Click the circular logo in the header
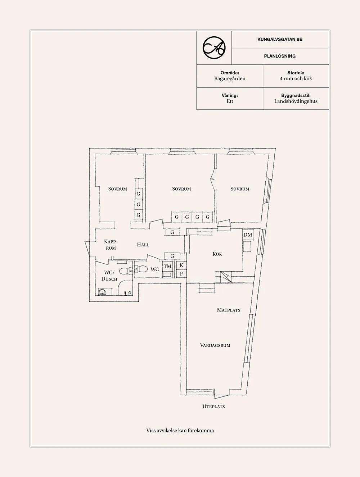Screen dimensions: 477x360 (x=214, y=47)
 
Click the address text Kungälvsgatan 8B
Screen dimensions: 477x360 (x=280, y=40)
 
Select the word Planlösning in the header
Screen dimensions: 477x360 (x=280, y=56)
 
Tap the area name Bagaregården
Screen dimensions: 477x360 (x=230, y=79)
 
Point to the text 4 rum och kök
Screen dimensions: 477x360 (x=296, y=79)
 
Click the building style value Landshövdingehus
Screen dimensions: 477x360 (x=296, y=101)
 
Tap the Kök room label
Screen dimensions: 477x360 (x=217, y=254)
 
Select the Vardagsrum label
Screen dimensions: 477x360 (x=215, y=345)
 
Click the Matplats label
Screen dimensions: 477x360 (x=228, y=310)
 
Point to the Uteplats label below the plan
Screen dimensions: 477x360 (x=213, y=406)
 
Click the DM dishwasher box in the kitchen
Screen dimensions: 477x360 (x=248, y=235)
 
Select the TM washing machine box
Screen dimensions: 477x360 (x=167, y=267)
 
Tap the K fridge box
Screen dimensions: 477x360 (x=181, y=265)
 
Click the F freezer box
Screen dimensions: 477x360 (x=181, y=274)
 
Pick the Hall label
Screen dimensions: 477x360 (x=143, y=245)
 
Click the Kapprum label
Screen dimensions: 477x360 (x=111, y=245)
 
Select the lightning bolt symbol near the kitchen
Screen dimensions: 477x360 (x=226, y=277)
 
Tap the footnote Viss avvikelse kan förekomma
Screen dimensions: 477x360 (x=180, y=431)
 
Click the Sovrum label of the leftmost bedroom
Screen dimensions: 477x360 (x=117, y=189)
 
